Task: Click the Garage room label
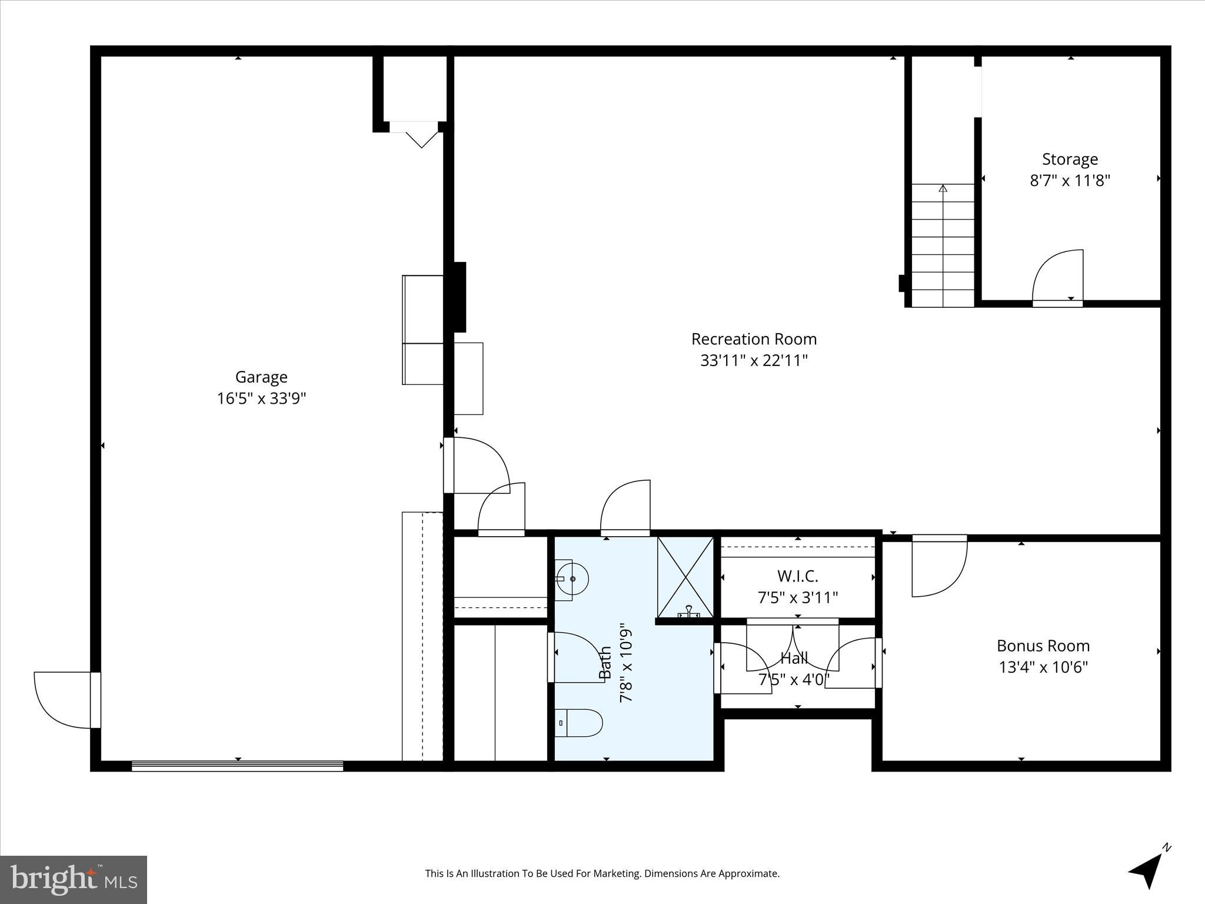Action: pos(261,377)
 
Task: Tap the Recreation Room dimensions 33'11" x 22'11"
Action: pos(754,360)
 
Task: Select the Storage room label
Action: pos(1070,159)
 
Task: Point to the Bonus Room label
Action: pos(1043,646)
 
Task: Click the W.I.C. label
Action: pos(797,576)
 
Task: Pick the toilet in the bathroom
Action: pos(579,723)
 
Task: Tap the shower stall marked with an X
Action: pos(685,577)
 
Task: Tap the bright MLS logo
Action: pos(74,879)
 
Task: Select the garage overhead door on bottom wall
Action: pos(237,766)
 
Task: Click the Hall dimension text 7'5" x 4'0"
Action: pos(794,680)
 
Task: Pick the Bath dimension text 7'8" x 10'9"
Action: pos(625,663)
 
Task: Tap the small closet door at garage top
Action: pos(415,132)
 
